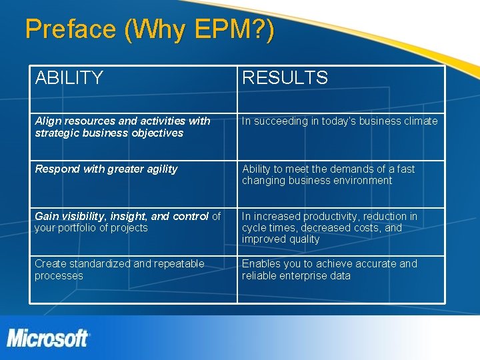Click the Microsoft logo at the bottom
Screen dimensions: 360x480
(48, 337)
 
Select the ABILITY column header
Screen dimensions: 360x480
(69, 78)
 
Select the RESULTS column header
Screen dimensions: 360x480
(285, 78)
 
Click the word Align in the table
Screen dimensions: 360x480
(48, 121)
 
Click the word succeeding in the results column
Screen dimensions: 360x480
(281, 121)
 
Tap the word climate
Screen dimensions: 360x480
(419, 121)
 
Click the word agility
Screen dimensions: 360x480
(158, 169)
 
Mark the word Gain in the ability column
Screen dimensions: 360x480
(46, 216)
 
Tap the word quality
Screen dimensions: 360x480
(304, 239)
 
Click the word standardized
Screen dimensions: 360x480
(99, 264)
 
